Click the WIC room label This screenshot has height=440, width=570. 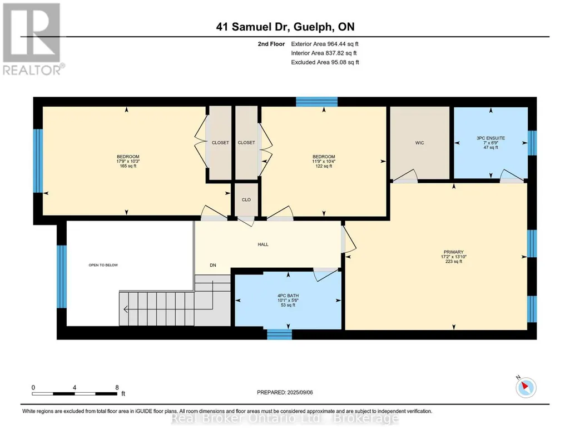(x=419, y=143)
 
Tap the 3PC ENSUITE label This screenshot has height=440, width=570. (x=490, y=138)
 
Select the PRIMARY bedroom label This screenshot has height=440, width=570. (x=453, y=252)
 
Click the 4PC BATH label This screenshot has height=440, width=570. (x=288, y=296)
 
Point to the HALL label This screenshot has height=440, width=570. (x=263, y=244)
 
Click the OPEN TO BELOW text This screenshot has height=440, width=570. (x=103, y=265)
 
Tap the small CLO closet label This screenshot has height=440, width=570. (x=246, y=199)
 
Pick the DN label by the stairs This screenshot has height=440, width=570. (x=213, y=266)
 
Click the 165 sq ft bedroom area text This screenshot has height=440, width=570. (x=128, y=166)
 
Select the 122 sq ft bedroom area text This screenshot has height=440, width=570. (x=324, y=166)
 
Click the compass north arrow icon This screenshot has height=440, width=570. (x=526, y=387)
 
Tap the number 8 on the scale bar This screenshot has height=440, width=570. (x=117, y=387)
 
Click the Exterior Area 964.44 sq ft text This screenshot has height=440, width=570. (x=325, y=44)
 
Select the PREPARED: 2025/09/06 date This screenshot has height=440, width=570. (x=285, y=392)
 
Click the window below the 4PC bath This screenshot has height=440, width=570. (x=279, y=334)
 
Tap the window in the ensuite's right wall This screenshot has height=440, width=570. (x=532, y=143)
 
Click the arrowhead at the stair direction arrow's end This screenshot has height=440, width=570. (x=126, y=309)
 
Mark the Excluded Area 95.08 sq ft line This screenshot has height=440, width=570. (x=325, y=62)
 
